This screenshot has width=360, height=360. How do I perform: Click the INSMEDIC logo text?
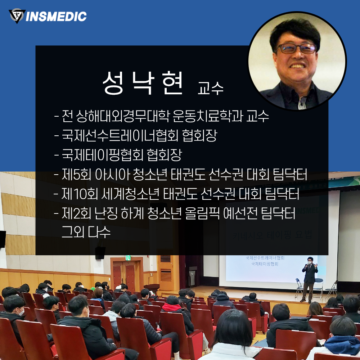[56, 17]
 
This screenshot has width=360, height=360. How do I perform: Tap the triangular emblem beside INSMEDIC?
[17, 16]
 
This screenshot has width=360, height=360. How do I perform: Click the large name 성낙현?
[143, 83]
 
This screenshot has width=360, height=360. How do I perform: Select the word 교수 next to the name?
[211, 88]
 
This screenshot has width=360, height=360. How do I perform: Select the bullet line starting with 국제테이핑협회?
[118, 155]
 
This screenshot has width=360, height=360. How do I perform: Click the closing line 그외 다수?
[86, 231]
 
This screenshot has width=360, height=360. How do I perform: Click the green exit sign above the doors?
[128, 258]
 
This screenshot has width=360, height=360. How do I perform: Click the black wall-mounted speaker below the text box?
[100, 253]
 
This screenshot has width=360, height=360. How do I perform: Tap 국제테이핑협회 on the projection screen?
[265, 264]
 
